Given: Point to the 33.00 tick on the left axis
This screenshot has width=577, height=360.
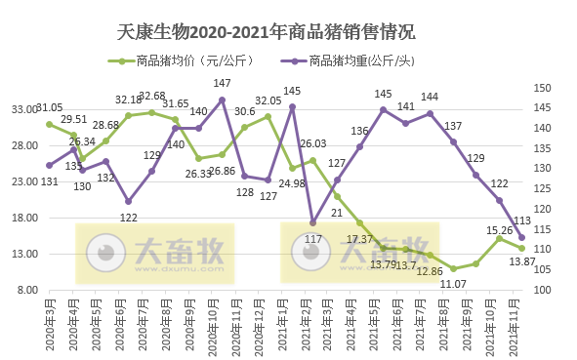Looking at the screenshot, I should [x=23, y=110].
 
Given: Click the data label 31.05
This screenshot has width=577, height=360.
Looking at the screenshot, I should [x=49, y=107].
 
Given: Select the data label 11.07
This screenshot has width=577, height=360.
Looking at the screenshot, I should [x=452, y=283].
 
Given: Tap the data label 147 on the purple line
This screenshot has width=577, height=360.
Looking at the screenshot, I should [x=223, y=84].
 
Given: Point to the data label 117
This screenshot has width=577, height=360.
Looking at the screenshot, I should [x=313, y=238].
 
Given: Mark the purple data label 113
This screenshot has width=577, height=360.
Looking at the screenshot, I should [x=522, y=220].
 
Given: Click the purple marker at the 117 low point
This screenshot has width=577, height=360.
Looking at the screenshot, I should [x=313, y=222].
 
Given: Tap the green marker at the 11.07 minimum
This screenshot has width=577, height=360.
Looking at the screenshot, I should [x=453, y=268].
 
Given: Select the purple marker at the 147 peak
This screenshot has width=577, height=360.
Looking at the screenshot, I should [x=223, y=100].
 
